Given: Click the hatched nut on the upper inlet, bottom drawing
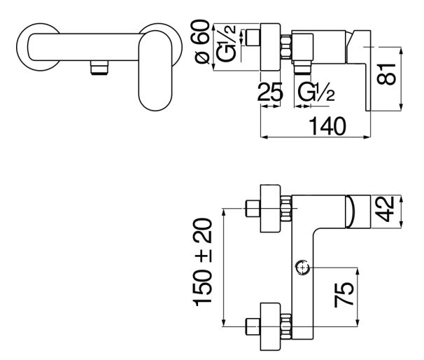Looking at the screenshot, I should click(x=285, y=208).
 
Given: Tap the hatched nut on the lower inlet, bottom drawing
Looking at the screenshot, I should click(x=285, y=326).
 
